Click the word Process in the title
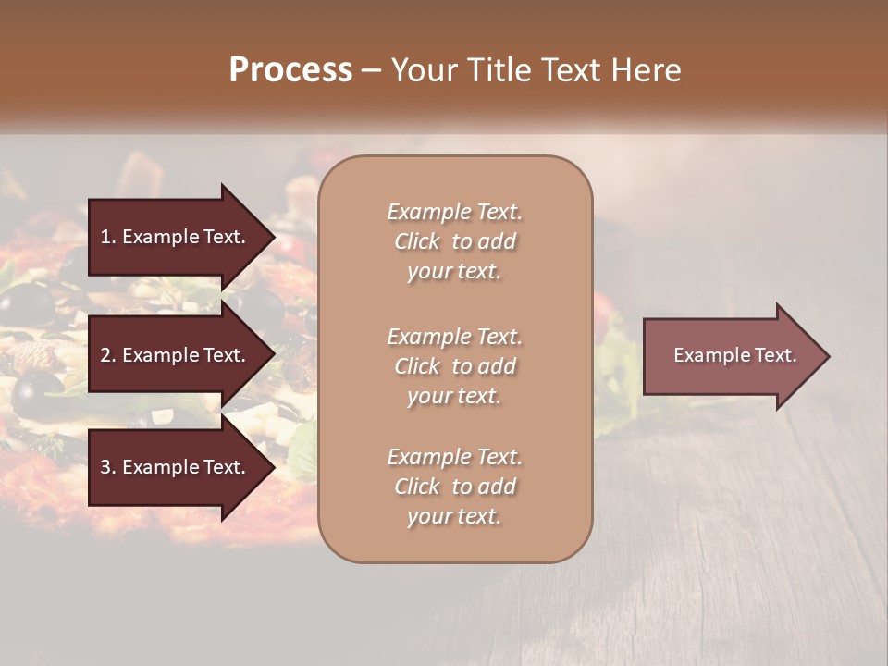point(290,70)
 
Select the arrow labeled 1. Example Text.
point(176,237)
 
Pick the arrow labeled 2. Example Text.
point(176,355)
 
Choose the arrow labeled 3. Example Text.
point(176,467)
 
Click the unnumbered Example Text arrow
point(731,356)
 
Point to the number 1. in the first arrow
point(108,237)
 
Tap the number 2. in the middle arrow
point(108,355)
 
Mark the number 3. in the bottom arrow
point(108,467)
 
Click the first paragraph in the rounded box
point(455,241)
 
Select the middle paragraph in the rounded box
point(455,366)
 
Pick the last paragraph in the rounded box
point(455,487)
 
